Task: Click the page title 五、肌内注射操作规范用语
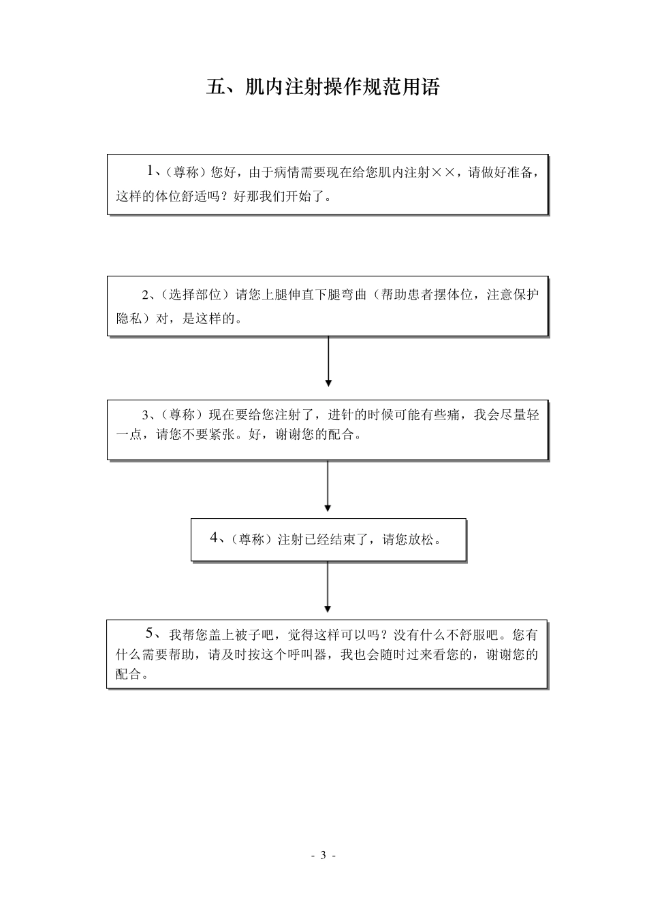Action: tap(323, 88)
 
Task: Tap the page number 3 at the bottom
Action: tap(323, 855)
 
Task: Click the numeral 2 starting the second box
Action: tap(145, 295)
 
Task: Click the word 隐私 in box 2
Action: tap(129, 319)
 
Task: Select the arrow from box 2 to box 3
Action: tap(328, 361)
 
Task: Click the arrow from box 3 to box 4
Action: tap(328, 486)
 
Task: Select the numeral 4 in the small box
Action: tap(214, 539)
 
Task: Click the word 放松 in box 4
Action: tap(421, 540)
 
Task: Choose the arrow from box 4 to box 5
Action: tap(328, 587)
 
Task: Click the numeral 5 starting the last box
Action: tap(150, 633)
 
